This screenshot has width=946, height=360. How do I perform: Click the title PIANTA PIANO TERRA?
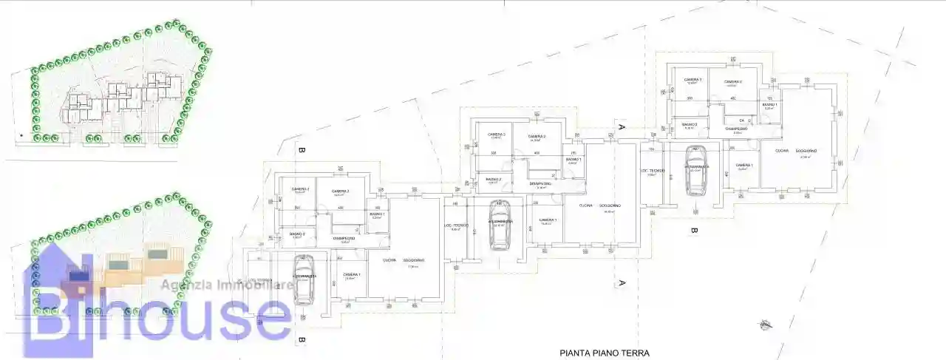[x=605, y=353]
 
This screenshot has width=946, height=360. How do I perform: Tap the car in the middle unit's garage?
[x=500, y=223]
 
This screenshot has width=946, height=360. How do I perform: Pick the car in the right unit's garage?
[x=695, y=170]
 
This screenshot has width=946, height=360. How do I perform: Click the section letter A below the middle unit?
[x=622, y=283]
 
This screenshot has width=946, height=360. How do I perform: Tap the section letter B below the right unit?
[x=694, y=231]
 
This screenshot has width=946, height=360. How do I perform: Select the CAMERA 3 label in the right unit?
[x=693, y=80]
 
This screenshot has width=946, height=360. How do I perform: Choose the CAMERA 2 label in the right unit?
[x=732, y=81]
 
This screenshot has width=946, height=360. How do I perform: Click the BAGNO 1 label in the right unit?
[x=769, y=105]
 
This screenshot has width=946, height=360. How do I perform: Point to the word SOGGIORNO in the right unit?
[x=806, y=151]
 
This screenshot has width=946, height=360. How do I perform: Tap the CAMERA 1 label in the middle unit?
[x=548, y=220]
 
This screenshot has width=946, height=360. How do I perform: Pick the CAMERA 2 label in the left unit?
[x=340, y=191]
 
